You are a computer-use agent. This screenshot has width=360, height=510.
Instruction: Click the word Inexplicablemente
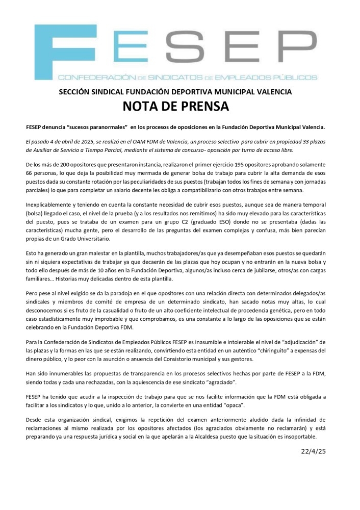[50, 202]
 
